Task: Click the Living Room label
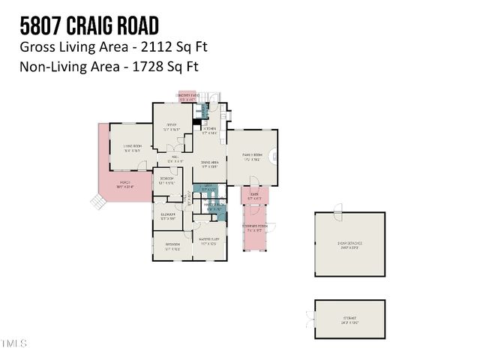point(133,147)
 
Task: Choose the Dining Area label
point(209,163)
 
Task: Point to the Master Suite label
point(208,241)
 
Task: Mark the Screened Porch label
point(255,226)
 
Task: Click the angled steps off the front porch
point(96,200)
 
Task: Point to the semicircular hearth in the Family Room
point(274,157)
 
